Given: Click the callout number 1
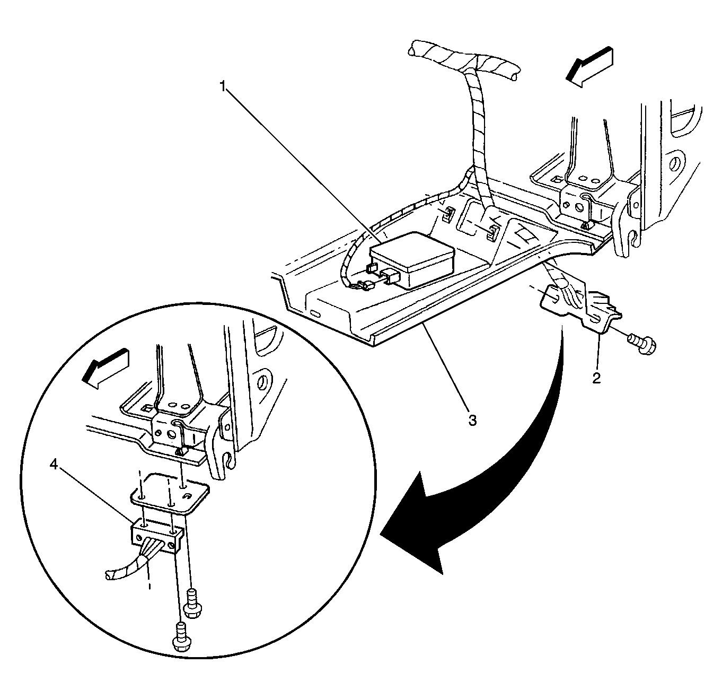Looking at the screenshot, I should pos(224,86).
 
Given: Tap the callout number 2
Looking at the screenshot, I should pos(596,378).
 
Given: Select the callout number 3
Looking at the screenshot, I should pos(472,420).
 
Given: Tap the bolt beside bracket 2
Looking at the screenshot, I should pos(642,343).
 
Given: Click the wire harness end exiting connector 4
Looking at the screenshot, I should pos(114,573).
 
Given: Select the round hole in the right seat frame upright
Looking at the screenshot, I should pos(676,163).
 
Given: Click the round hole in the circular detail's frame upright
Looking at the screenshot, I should pos(262,383).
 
